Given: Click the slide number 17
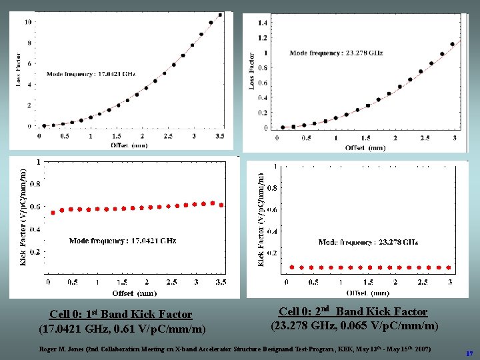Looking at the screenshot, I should click(470, 353).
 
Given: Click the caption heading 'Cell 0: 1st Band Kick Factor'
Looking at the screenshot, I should click(121, 314).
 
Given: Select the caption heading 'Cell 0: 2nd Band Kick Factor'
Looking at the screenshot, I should click(353, 311).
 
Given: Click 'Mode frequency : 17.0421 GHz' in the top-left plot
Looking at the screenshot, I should click(91, 74).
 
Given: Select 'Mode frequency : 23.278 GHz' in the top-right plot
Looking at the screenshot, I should click(334, 53).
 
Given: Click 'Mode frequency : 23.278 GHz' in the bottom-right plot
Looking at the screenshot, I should click(368, 243).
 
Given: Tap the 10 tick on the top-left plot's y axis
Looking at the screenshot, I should click(27, 22).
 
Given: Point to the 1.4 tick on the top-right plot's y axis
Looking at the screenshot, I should click(263, 23).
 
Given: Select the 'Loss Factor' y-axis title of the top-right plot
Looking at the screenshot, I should click(251, 71).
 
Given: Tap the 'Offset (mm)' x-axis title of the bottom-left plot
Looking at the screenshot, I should click(134, 293).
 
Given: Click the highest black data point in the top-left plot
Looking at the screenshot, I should click(221, 15).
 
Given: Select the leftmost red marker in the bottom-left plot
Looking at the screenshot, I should click(53, 213).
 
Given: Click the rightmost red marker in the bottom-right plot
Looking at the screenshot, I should click(448, 267).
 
